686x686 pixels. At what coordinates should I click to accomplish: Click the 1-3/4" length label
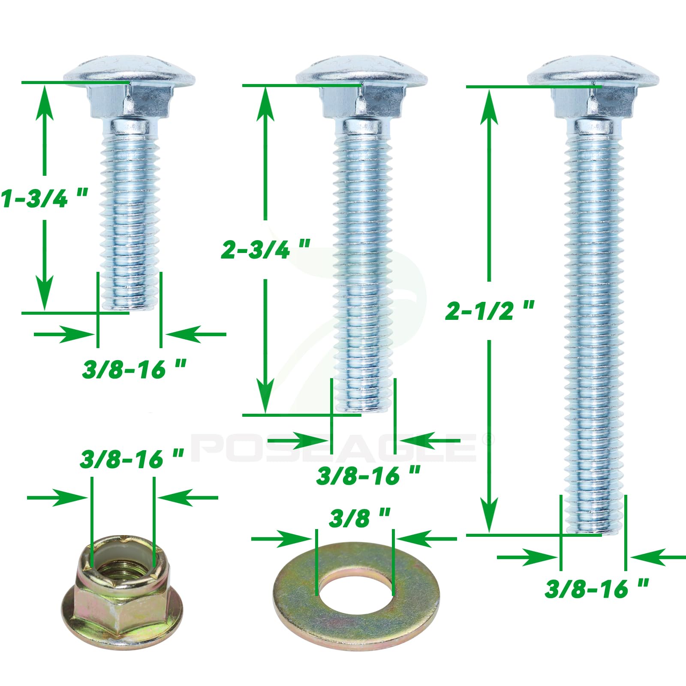44,198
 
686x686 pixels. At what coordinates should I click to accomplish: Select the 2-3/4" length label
265,249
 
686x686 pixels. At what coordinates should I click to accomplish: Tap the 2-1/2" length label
490,310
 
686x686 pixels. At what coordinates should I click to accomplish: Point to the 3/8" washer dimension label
360,518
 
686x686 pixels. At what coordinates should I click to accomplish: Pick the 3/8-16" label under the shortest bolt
134,369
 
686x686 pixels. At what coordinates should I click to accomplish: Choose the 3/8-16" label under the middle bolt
368,476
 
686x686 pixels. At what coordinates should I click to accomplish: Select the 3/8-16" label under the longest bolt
597,588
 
